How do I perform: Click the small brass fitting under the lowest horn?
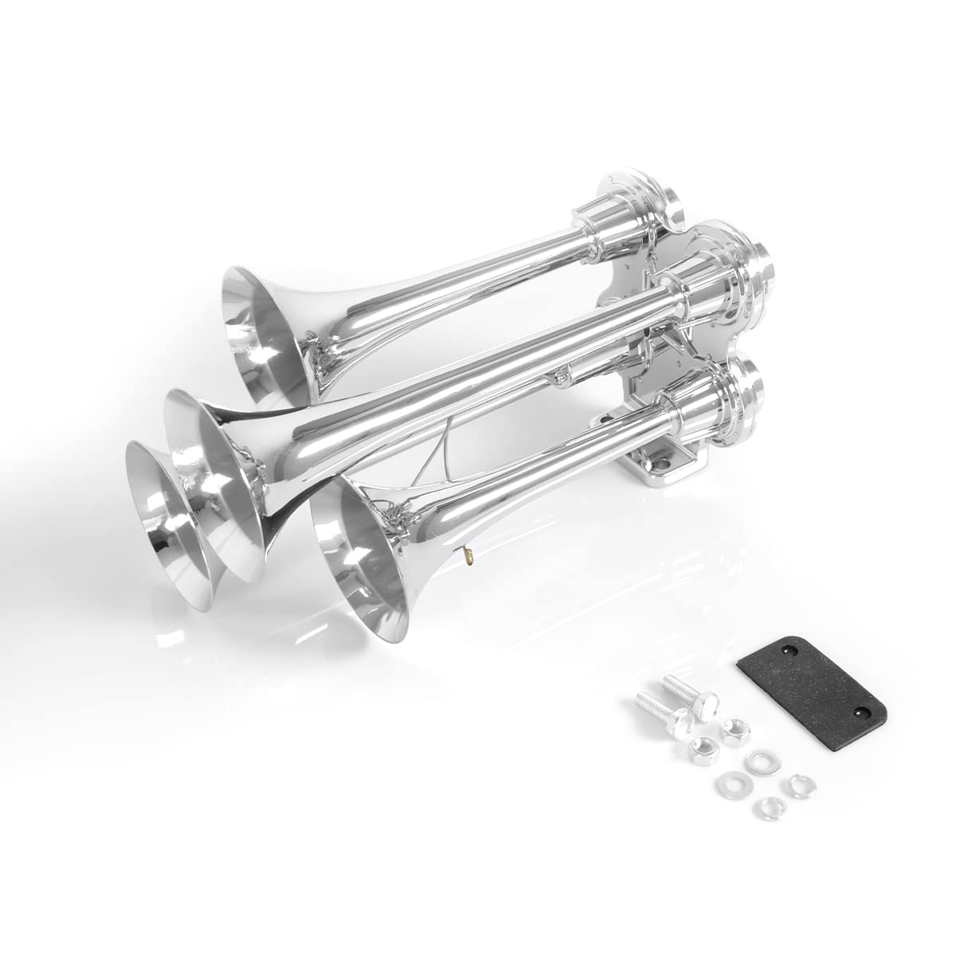coord(469,551)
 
